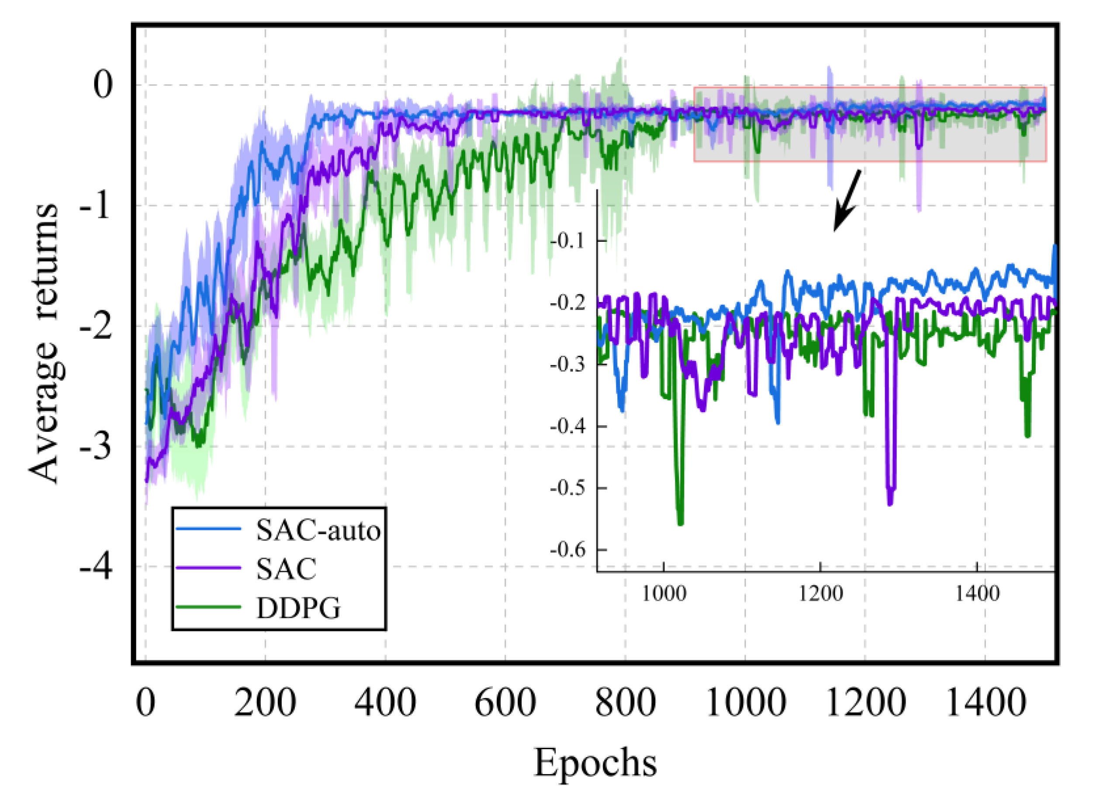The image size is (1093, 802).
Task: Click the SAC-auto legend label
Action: click(x=318, y=530)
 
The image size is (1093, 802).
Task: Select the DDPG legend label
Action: click(x=298, y=608)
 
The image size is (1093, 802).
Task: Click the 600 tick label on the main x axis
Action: click(x=505, y=702)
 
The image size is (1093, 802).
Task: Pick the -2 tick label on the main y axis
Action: click(x=96, y=326)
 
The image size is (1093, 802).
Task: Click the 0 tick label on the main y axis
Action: click(x=103, y=85)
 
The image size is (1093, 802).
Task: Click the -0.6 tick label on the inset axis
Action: click(x=568, y=550)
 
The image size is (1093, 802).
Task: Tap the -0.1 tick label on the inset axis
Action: click(x=568, y=241)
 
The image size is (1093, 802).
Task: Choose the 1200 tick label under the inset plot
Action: click(x=820, y=594)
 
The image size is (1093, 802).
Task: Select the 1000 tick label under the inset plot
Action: click(x=664, y=594)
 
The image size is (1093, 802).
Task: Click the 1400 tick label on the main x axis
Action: click(x=985, y=702)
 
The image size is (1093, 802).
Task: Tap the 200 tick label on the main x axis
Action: click(x=265, y=702)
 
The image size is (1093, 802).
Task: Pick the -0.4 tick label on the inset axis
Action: click(x=568, y=427)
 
